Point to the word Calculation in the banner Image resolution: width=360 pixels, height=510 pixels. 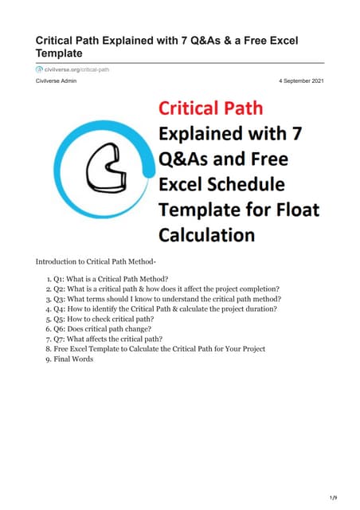tap(207, 235)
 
